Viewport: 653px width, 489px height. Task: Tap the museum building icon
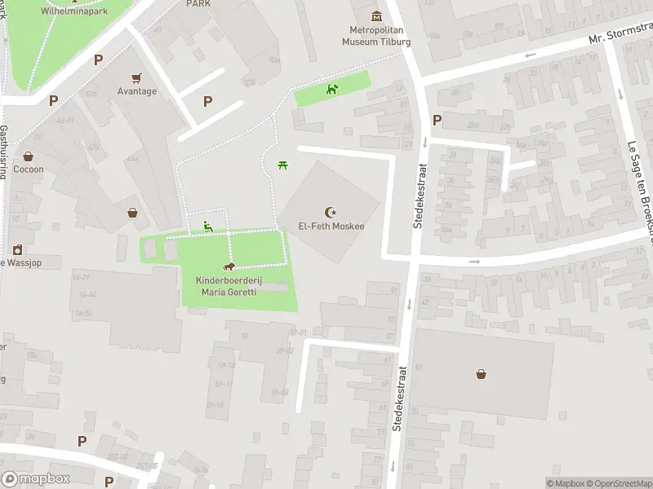pyautogui.click(x=375, y=15)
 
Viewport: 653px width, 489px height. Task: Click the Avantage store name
pyautogui.click(x=136, y=91)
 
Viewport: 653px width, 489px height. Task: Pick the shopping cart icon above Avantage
pyautogui.click(x=136, y=77)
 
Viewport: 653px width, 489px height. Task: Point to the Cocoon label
pyautogui.click(x=28, y=170)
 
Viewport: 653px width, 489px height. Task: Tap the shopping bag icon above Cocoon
pyautogui.click(x=28, y=156)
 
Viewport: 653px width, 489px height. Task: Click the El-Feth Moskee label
pyautogui.click(x=331, y=226)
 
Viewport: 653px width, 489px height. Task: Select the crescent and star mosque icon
pyautogui.click(x=331, y=211)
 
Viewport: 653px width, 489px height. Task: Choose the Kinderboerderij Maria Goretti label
pyautogui.click(x=229, y=286)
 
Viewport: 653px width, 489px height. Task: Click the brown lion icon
pyautogui.click(x=229, y=267)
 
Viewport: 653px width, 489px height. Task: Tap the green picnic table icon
pyautogui.click(x=282, y=165)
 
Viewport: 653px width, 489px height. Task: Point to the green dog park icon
pyautogui.click(x=331, y=89)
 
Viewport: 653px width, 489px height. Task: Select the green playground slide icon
pyautogui.click(x=208, y=227)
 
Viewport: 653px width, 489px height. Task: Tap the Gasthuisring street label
pyautogui.click(x=4, y=152)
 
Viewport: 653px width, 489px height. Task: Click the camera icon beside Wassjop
pyautogui.click(x=16, y=250)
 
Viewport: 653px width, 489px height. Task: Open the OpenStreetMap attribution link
pyautogui.click(x=617, y=482)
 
